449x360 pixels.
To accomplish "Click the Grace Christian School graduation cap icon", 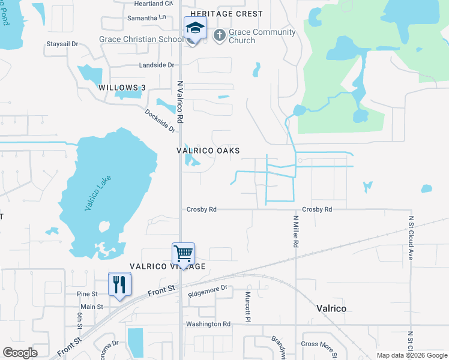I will coord(195,28).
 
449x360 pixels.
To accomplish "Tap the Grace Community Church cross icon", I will coord(219,35).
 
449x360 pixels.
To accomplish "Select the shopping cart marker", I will coord(183,253).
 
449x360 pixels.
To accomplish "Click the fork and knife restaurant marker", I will coord(119,284).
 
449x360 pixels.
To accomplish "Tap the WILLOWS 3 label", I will coord(122,88).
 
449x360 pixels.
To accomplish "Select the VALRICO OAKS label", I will coord(208,151).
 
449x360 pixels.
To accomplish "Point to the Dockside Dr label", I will coord(160,121).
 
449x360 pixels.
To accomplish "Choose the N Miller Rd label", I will coord(296,232).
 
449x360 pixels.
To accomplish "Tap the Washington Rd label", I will coord(208,324).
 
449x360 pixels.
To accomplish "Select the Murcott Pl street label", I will coord(247,307).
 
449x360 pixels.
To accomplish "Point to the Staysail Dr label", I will coord(63,44).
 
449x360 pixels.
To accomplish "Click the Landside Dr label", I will coord(156,65).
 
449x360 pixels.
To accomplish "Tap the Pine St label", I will coord(87,294).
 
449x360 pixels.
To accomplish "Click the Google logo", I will coord(20,353).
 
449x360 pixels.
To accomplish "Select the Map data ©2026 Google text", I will coord(411,355).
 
